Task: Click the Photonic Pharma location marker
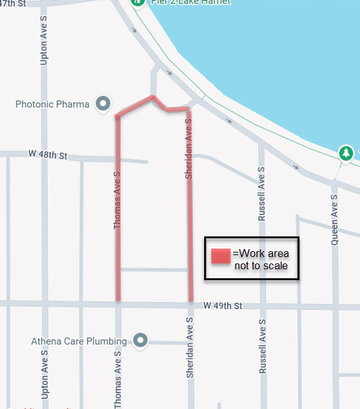102,103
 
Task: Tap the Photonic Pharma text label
53,104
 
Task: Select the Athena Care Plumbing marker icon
139,340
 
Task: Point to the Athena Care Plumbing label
81,341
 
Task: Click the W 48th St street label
48,155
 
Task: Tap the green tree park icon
346,153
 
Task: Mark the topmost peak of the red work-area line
153,97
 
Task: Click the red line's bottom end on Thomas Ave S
118,299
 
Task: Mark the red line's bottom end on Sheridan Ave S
191,300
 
